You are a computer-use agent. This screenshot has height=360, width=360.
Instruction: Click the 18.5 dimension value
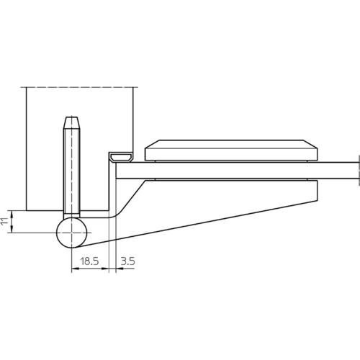point(89,261)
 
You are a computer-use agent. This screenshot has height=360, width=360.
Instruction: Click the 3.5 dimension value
point(127,261)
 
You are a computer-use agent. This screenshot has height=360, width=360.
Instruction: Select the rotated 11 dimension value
point(4,221)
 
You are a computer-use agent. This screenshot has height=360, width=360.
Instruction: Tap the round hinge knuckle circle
point(71,233)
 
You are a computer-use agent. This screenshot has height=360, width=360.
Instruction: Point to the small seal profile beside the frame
point(121,158)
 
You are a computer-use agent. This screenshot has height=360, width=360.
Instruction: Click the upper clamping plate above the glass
point(231,150)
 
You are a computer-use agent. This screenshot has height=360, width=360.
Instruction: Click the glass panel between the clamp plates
point(237,171)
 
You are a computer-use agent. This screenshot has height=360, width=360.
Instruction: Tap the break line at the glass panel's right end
point(359,171)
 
